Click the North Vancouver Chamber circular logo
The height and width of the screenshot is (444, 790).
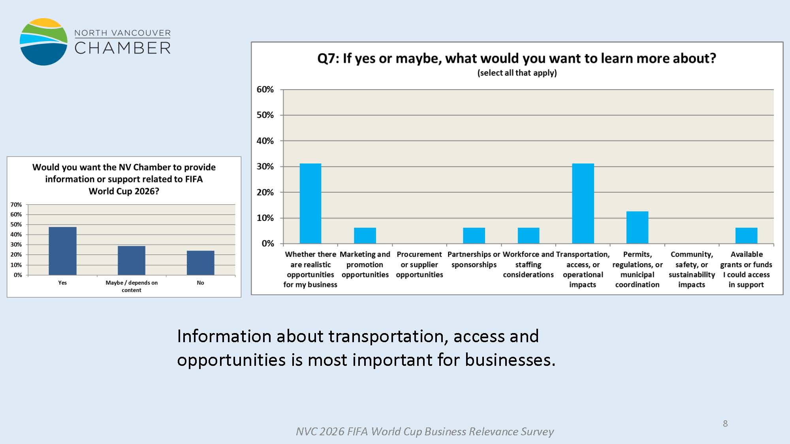pyautogui.click(x=43, y=41)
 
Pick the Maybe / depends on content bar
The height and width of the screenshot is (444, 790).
pyautogui.click(x=132, y=260)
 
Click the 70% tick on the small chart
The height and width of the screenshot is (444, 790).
pyautogui.click(x=16, y=204)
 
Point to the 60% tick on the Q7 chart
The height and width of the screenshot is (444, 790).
pyautogui.click(x=265, y=90)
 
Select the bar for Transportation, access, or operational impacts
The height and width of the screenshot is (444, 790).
pyautogui.click(x=583, y=203)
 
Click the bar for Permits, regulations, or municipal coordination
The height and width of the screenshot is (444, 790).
pyautogui.click(x=637, y=227)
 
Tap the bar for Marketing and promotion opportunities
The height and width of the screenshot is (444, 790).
pyautogui.click(x=365, y=236)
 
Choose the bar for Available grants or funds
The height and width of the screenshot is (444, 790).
pyautogui.click(x=746, y=236)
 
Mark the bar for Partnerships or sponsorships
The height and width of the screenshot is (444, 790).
pyautogui.click(x=474, y=236)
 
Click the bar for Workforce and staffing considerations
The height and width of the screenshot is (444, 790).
pyautogui.click(x=528, y=236)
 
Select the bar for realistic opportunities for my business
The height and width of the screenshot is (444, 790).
pyautogui.click(x=310, y=203)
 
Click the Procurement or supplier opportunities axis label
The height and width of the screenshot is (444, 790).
pyautogui.click(x=419, y=264)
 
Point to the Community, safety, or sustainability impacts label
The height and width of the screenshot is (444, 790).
pyautogui.click(x=692, y=269)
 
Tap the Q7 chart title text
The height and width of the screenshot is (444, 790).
pyautogui.click(x=517, y=58)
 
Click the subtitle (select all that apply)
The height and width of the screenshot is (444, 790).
pyautogui.click(x=517, y=73)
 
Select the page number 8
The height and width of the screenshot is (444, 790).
pyautogui.click(x=725, y=423)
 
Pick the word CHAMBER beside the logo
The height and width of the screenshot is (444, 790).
pyautogui.click(x=122, y=48)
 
